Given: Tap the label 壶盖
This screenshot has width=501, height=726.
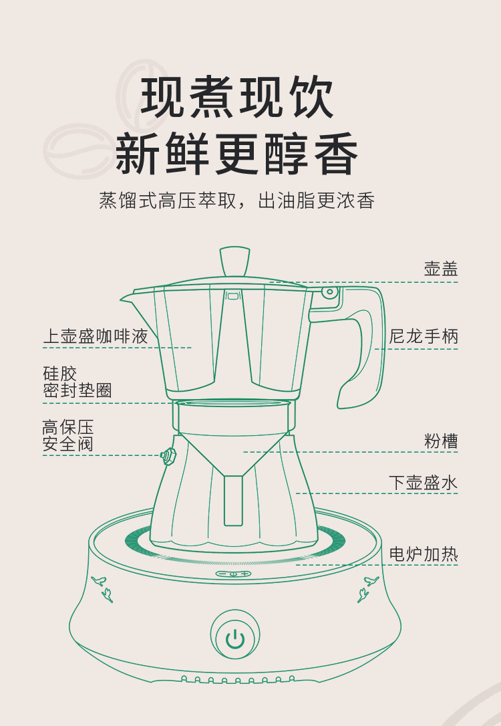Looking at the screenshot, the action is coord(440,269).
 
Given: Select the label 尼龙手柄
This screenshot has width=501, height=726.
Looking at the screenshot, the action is coord(424,336).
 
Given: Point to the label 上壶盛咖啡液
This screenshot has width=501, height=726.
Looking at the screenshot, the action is coord(96,336).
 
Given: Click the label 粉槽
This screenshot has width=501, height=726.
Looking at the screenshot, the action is coord(440,441).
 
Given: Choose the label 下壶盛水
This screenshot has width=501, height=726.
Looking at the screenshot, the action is coord(424,482).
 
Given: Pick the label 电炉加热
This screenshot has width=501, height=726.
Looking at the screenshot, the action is coord(424,554).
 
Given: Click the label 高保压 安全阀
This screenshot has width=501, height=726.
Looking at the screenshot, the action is coord(67,435).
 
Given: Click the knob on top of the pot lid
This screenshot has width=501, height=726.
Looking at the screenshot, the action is coord(234,261).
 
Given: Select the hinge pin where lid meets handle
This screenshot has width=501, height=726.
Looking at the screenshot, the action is coord(328,292).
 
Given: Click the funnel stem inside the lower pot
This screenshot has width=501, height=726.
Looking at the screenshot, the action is coord(232,498).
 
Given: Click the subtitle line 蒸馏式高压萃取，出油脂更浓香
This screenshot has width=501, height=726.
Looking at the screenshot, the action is coord(236,201).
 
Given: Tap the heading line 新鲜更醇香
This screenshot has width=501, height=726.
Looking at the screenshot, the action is coord(237,155).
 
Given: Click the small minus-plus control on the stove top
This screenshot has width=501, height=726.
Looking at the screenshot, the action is coord(233,573).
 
